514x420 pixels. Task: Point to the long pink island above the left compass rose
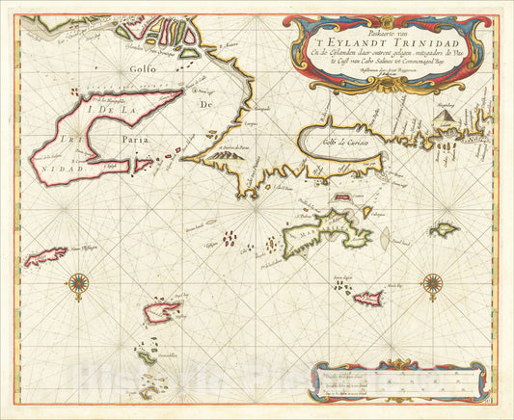click(x=46, y=256)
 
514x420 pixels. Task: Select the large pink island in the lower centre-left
click(x=163, y=311)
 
